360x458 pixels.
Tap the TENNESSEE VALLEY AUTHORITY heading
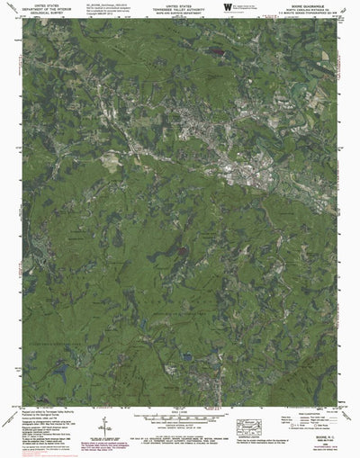[180, 9]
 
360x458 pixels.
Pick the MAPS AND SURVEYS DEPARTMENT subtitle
[180, 13]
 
